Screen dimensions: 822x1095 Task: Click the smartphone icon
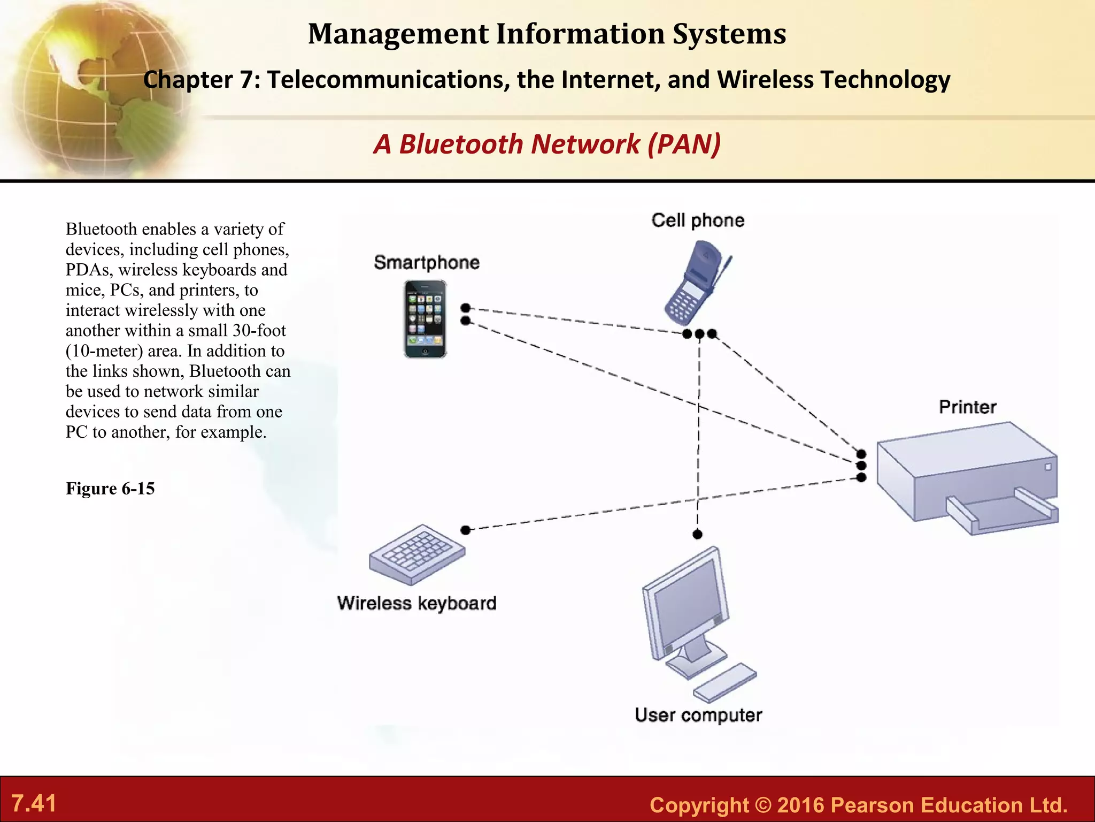[425, 319]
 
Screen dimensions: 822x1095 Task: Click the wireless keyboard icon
[417, 553]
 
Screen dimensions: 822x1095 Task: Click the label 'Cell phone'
[698, 220]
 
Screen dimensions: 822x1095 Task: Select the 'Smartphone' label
[427, 262]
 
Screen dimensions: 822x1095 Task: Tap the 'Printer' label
[968, 407]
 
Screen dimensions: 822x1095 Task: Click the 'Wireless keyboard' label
[417, 603]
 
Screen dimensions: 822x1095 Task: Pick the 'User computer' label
[698, 715]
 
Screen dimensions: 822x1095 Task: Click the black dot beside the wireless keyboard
[466, 530]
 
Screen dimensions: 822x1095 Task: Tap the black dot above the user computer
[697, 534]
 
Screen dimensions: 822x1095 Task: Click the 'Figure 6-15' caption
[110, 489]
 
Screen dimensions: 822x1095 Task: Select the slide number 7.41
[34, 803]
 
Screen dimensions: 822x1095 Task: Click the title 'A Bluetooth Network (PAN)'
[547, 144]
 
